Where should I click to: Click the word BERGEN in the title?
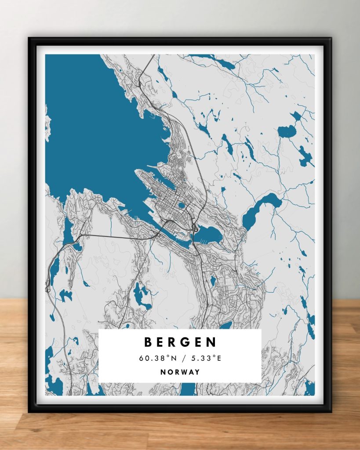click(180, 342)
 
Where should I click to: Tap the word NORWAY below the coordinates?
click(180, 372)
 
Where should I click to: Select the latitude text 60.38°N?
click(155, 358)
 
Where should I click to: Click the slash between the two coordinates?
click(181, 358)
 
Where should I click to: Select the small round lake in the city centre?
click(181, 205)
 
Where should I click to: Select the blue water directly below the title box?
click(188, 389)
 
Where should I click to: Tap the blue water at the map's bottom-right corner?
click(310, 388)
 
